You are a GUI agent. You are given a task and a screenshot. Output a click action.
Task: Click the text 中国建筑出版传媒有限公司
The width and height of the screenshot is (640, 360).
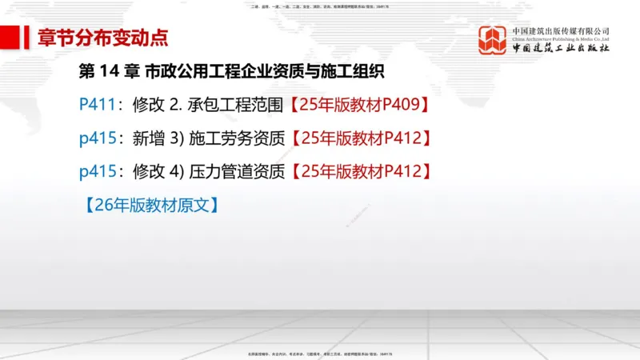pos(560,31)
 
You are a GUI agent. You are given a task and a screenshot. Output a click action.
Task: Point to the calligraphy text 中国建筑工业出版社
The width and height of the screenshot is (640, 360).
pos(560,49)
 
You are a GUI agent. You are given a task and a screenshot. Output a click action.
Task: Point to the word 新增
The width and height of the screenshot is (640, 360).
pos(150,138)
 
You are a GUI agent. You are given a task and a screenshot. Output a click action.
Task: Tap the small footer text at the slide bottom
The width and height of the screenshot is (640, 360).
pos(319,353)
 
